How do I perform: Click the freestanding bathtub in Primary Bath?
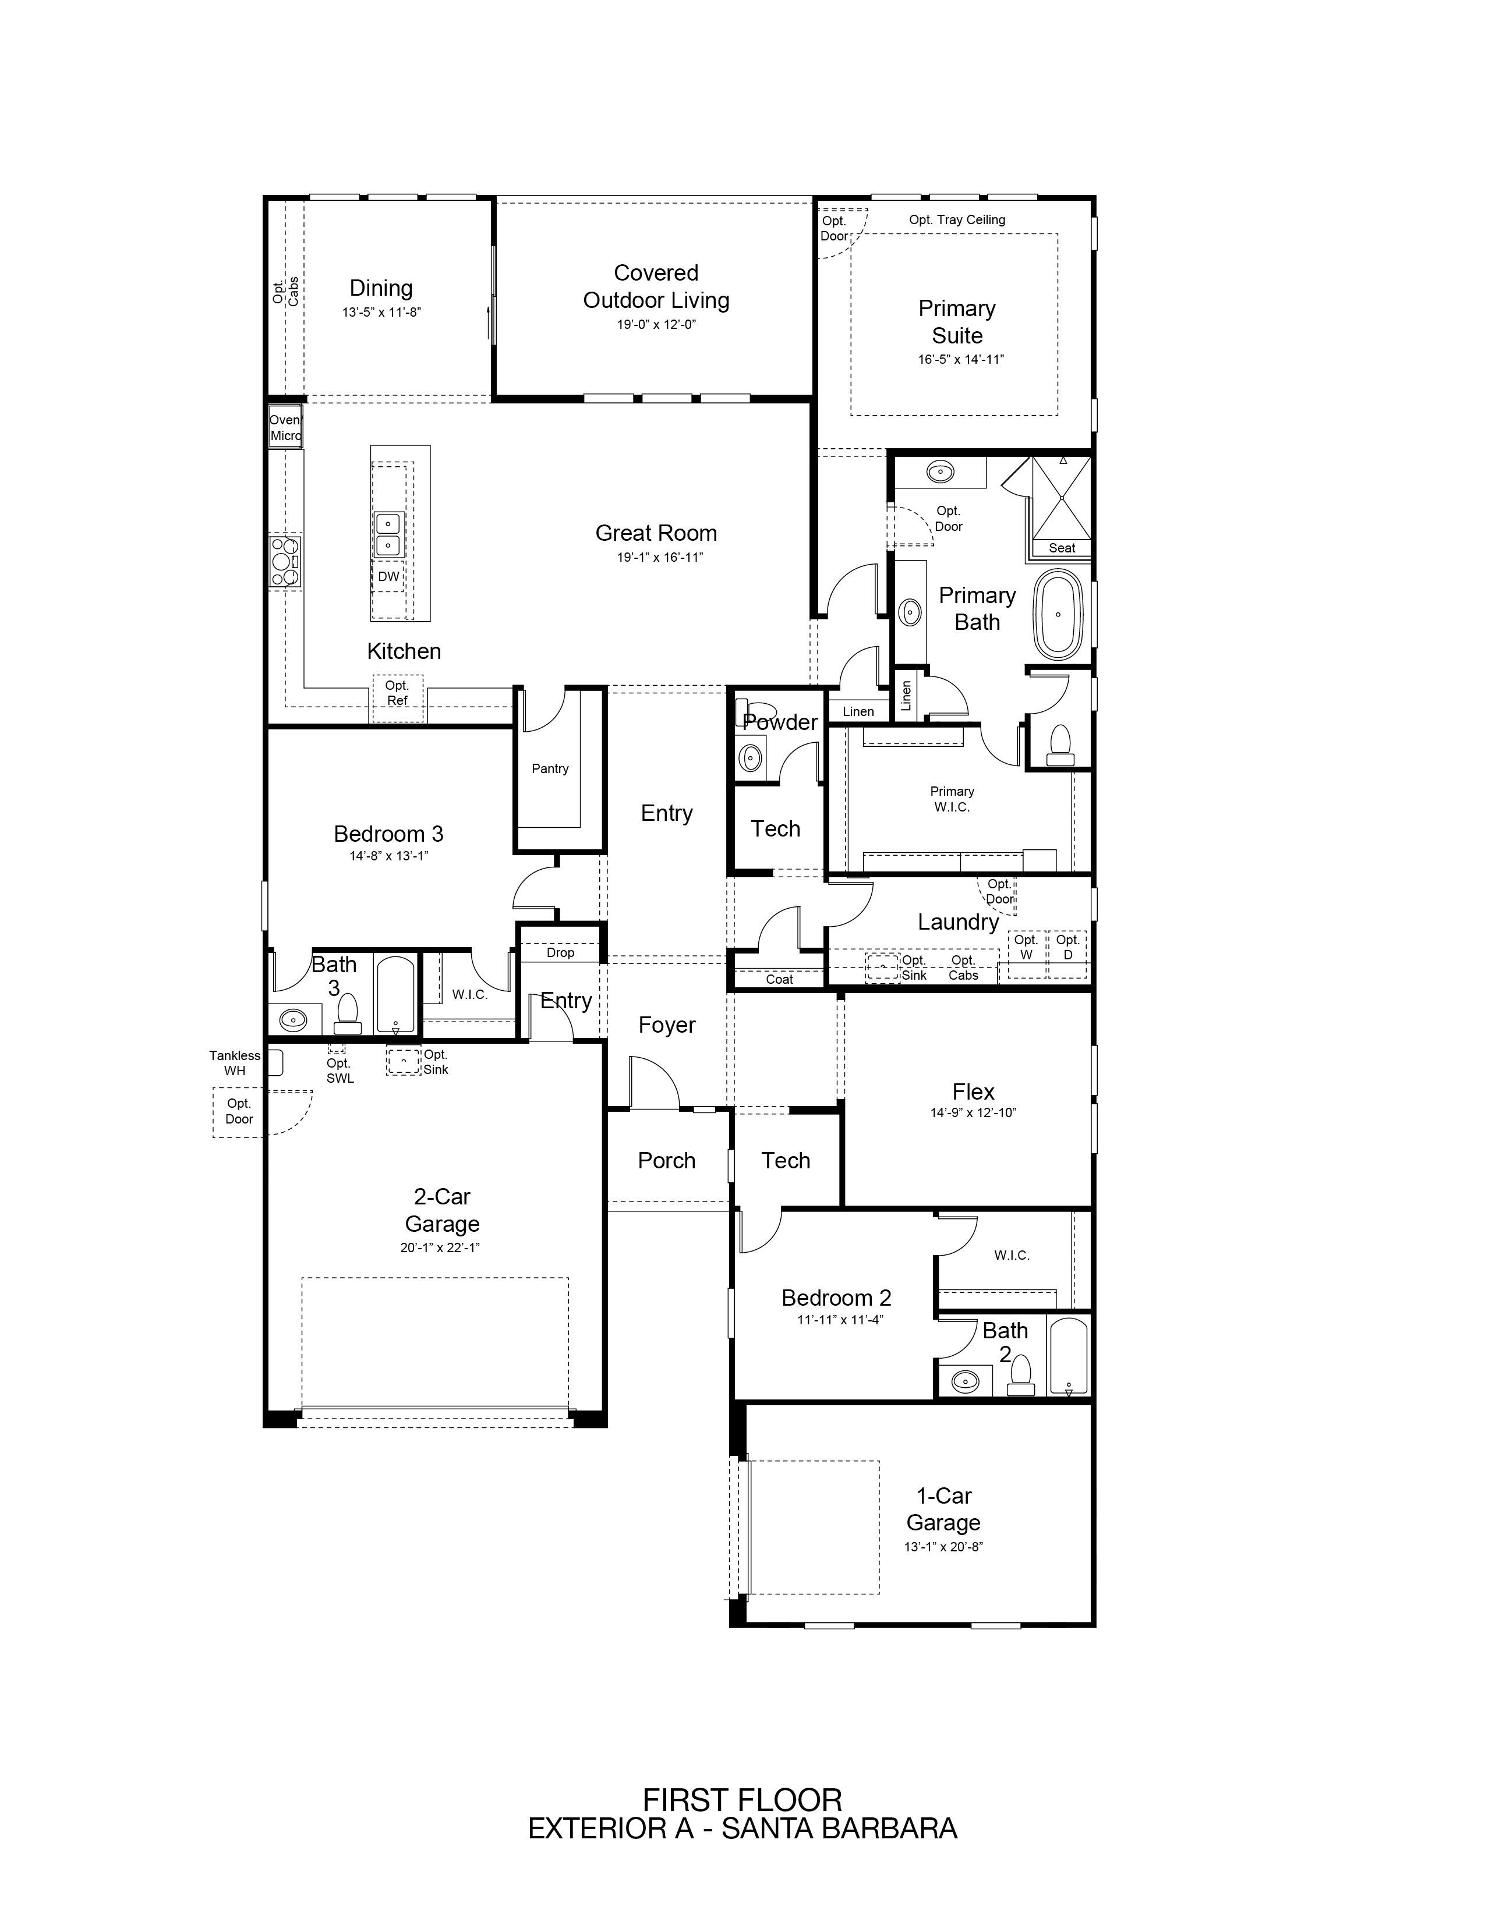point(1058,615)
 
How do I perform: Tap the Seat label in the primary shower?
point(1062,548)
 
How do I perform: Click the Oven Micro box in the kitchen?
point(285,427)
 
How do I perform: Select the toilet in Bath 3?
point(348,1013)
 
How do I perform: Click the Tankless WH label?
point(235,1062)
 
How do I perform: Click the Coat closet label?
point(779,979)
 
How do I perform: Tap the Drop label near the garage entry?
point(560,952)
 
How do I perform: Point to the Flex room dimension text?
point(973,1112)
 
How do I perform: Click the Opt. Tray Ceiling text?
point(957,220)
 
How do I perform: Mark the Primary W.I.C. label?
point(952,799)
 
